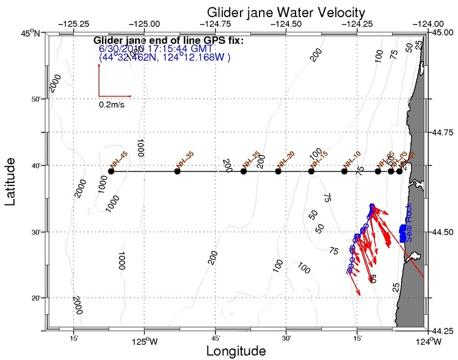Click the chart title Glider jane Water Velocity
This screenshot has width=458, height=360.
point(286,12)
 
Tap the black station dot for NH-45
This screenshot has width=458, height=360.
point(111,171)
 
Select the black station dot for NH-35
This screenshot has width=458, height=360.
point(178,171)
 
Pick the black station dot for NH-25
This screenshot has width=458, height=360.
point(244,171)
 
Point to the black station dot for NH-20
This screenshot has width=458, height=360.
point(278,171)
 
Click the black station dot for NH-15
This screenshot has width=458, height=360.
point(311,171)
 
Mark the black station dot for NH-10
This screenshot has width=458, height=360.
point(344,171)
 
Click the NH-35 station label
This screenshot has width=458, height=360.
point(184,160)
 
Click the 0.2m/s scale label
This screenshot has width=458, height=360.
point(114,104)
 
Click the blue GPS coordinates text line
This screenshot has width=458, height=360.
point(164,57)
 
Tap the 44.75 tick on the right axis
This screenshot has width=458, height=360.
point(443,132)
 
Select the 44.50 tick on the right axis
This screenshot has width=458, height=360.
point(443,231)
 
